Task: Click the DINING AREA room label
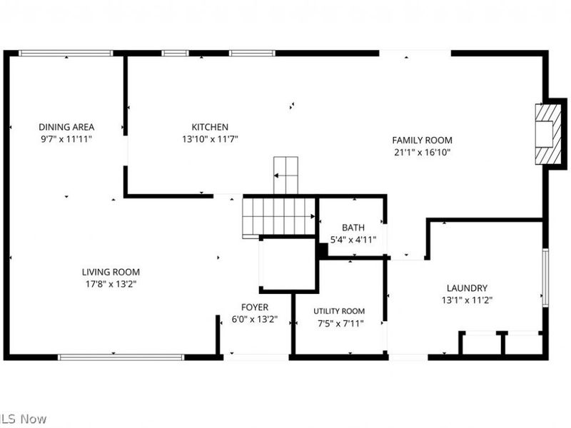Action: [66, 127]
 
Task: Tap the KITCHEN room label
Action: [210, 127]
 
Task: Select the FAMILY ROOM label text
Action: [422, 140]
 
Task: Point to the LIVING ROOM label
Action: [111, 272]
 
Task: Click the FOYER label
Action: [255, 307]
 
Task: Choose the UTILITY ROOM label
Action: [339, 311]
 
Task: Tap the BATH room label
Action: [353, 228]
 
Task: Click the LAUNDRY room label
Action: [467, 287]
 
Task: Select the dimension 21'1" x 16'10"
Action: [422, 152]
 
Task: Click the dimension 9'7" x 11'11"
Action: [66, 139]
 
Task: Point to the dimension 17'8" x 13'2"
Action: [111, 284]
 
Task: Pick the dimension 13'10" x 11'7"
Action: [210, 139]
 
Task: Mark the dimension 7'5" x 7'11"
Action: [339, 323]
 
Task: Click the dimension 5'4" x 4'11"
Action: [353, 240]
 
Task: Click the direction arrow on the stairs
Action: [285, 174]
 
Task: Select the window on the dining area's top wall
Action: [66, 53]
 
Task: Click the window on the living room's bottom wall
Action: [121, 357]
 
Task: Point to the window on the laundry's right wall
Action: [545, 277]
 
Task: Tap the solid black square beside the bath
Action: [323, 250]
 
